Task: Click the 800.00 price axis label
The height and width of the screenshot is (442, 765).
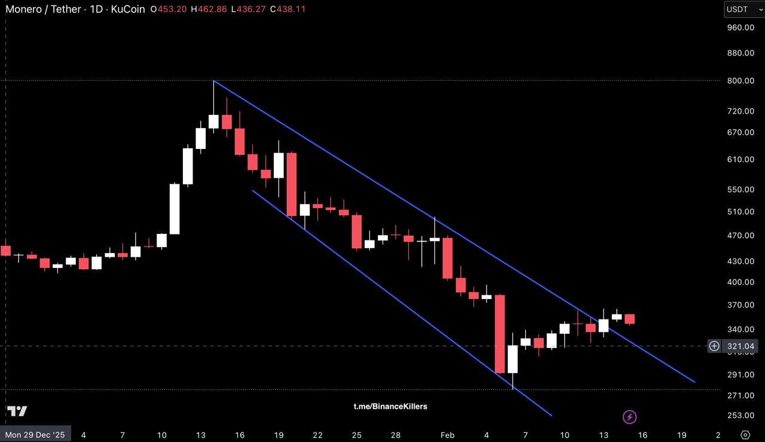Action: point(740,81)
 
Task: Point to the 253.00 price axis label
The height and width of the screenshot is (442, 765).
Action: point(740,416)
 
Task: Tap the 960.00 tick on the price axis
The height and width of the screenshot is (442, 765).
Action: point(740,28)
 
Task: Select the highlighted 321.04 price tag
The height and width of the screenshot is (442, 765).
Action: point(741,346)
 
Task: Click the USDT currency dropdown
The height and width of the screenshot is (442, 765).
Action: point(744,9)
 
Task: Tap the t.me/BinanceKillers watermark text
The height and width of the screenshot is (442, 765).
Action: point(390,407)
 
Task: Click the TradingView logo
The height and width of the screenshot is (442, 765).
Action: point(17,411)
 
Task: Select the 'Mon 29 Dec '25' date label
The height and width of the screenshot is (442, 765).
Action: point(35,435)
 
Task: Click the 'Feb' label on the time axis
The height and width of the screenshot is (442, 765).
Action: point(448,435)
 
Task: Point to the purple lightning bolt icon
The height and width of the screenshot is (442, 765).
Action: point(629,417)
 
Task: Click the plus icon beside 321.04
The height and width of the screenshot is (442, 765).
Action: point(714,346)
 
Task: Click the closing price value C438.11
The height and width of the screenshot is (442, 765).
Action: point(287,10)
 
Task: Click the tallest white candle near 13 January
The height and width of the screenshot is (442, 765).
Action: point(175,209)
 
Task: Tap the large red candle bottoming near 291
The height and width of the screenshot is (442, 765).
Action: point(500,334)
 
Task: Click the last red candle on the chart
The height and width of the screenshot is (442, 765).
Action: point(629,319)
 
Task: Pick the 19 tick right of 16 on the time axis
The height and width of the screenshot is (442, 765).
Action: point(681,435)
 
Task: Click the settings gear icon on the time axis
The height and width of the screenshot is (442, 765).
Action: point(745,435)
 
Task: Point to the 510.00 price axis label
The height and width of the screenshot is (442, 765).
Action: point(740,212)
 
